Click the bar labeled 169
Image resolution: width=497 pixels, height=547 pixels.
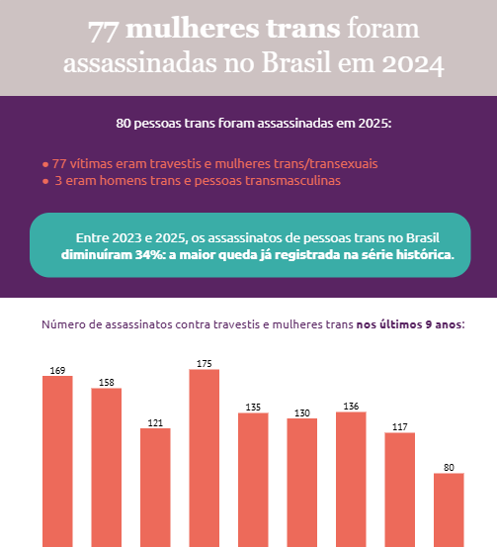click(x=57, y=460)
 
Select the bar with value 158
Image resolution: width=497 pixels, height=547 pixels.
click(x=107, y=466)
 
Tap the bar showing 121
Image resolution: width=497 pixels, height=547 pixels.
click(x=155, y=486)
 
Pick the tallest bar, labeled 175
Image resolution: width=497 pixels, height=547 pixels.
click(x=205, y=457)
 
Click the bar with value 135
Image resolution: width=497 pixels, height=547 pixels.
click(x=253, y=479)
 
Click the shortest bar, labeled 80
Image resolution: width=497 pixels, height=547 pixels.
click(x=449, y=508)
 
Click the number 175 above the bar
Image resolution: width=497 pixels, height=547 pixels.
click(x=205, y=364)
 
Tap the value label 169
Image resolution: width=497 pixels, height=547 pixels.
click(x=57, y=371)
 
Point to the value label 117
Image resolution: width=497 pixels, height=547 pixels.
click(x=399, y=427)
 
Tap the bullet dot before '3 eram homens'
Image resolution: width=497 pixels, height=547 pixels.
click(x=45, y=182)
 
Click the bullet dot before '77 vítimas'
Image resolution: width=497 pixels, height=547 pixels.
click(x=45, y=163)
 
